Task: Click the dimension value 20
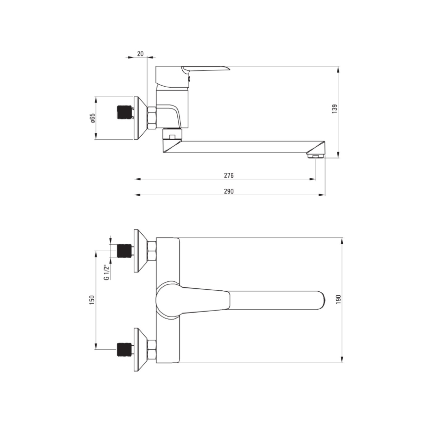pos(140,54)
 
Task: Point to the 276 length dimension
pos(228,175)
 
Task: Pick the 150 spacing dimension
pos(92,300)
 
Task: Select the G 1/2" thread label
pos(106,272)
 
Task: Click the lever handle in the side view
pos(206,70)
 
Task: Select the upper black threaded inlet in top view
pos(124,251)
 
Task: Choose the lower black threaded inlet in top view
pos(124,350)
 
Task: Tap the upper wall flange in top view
pos(139,251)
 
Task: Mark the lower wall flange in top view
pos(139,350)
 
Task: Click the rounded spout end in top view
pos(317,300)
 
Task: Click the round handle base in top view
pos(167,300)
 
